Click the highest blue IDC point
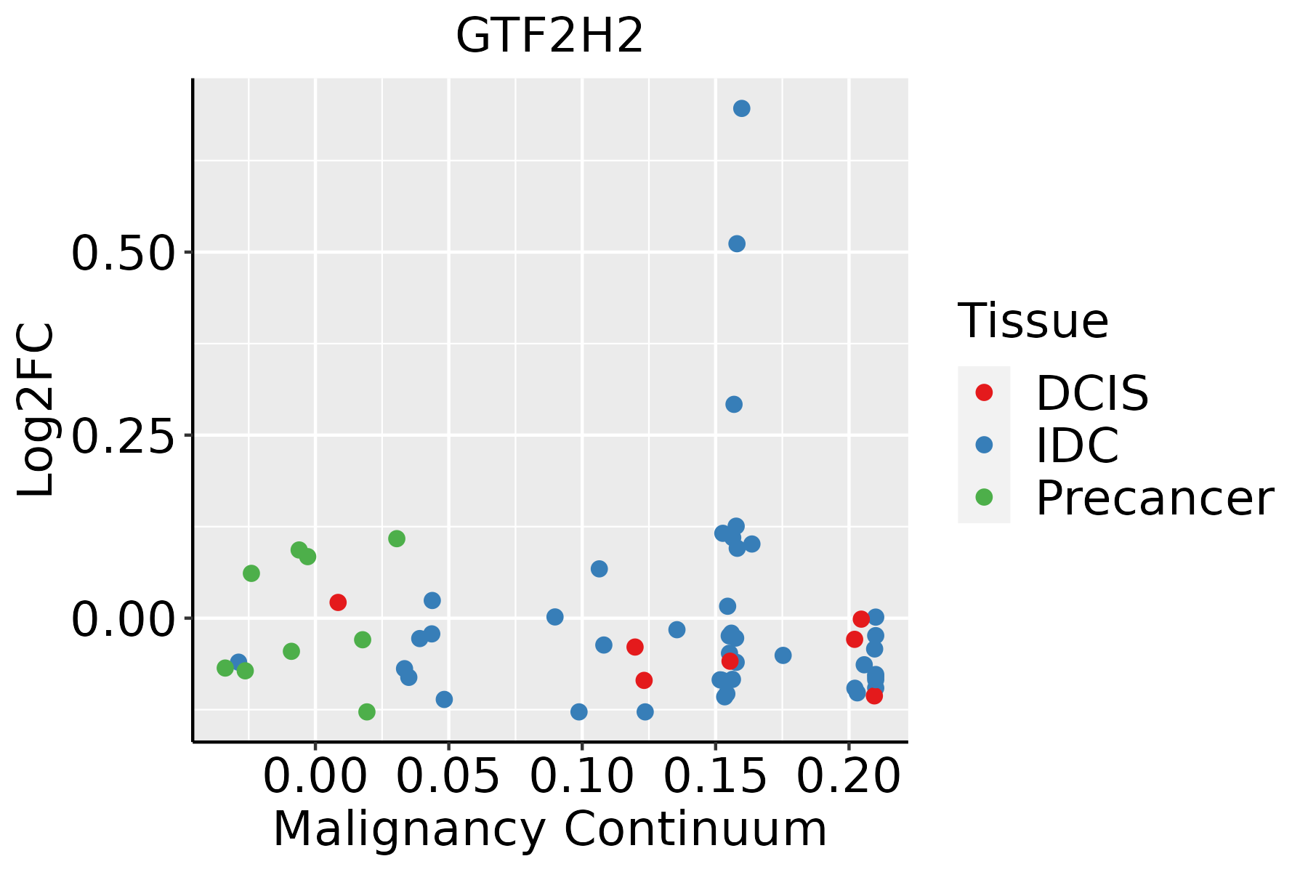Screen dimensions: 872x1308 741,108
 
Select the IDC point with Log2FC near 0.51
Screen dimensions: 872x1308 736,243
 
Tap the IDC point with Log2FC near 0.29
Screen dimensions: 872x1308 734,404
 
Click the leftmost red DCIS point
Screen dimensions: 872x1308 338,602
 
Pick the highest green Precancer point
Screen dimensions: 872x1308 396,538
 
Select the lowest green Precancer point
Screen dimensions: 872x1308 367,711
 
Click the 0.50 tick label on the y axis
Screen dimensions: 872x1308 124,254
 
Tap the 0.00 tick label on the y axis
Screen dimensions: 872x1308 124,619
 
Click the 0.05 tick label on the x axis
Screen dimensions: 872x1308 448,776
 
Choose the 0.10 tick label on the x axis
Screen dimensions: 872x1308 581,776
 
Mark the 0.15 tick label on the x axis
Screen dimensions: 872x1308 715,776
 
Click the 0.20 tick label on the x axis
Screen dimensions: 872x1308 849,776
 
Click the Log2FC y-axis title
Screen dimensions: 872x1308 36,411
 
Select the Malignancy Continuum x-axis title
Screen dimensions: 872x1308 549,830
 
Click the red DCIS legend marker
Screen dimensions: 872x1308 984,392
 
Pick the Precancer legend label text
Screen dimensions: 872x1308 1154,498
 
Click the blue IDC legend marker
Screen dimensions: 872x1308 984,445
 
